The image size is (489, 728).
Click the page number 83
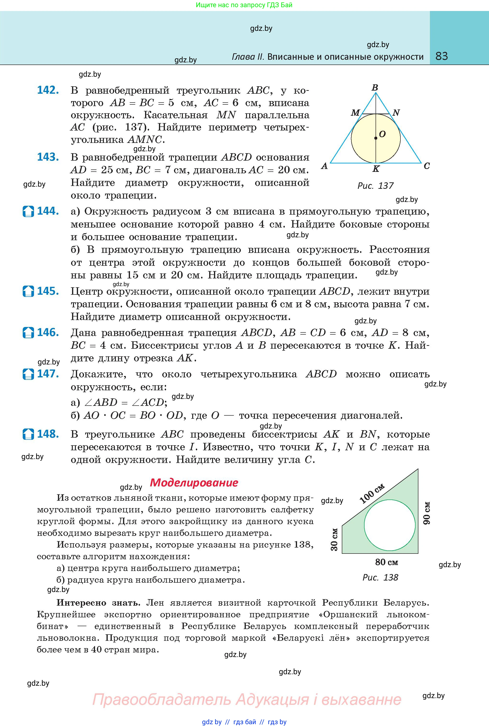(442, 56)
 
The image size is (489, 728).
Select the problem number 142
(48, 90)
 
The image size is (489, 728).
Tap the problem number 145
(48, 291)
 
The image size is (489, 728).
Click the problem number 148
(48, 434)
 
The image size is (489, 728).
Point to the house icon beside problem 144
(28, 212)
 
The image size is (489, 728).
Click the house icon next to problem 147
(28, 374)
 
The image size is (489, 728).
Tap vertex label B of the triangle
(375, 87)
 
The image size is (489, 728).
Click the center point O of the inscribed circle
(376, 138)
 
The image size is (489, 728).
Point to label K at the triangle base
(376, 169)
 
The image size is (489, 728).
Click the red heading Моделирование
(194, 483)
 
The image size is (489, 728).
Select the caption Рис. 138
(380, 578)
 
